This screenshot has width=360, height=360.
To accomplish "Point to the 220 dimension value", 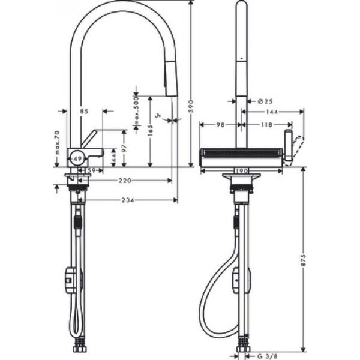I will coord(125,180).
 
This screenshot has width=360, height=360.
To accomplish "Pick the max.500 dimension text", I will coord(136,114).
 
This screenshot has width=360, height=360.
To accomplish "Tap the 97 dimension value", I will coord(124,148).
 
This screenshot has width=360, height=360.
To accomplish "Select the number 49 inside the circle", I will coord(76,160).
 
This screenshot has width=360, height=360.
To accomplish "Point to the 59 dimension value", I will coord(91,171).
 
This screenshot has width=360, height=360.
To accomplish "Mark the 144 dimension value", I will coord(272,112).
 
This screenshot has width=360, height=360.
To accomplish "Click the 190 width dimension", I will coord(241,171).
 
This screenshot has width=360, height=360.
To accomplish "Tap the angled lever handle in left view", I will coord(89,139).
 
